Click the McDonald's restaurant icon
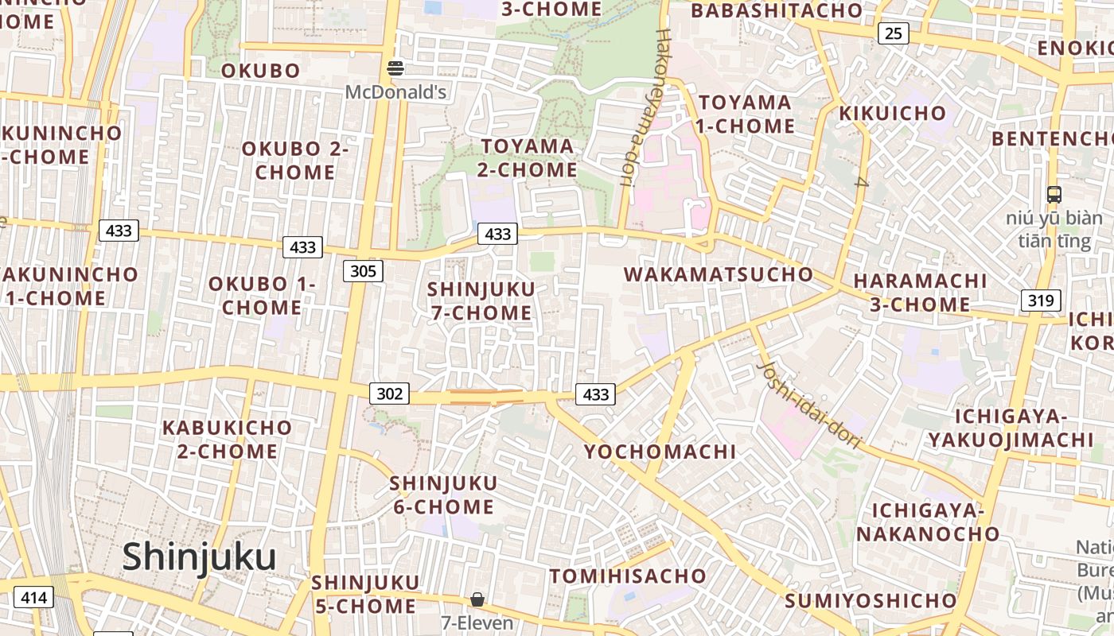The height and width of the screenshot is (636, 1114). click(x=395, y=68)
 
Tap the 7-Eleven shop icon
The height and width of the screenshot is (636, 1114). click(x=477, y=599)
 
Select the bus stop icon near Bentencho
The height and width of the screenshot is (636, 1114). click(x=1054, y=194)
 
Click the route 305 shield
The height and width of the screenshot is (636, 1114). click(x=363, y=271)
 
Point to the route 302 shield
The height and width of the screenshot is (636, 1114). click(x=389, y=393)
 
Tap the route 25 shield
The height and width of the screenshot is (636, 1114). click(x=894, y=33)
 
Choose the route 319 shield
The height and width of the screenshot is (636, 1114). click(x=1041, y=301)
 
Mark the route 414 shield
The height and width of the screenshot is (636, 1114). click(x=33, y=598)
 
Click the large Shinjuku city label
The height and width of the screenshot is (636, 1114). click(x=199, y=556)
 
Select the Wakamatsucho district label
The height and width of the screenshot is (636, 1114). click(x=719, y=275)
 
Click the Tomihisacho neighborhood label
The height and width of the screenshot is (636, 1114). click(x=628, y=576)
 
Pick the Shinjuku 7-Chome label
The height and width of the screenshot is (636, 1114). click(x=481, y=301)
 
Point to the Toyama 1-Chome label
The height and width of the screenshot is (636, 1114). click(x=746, y=114)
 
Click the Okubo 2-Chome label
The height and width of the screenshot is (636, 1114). click(x=295, y=160)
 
